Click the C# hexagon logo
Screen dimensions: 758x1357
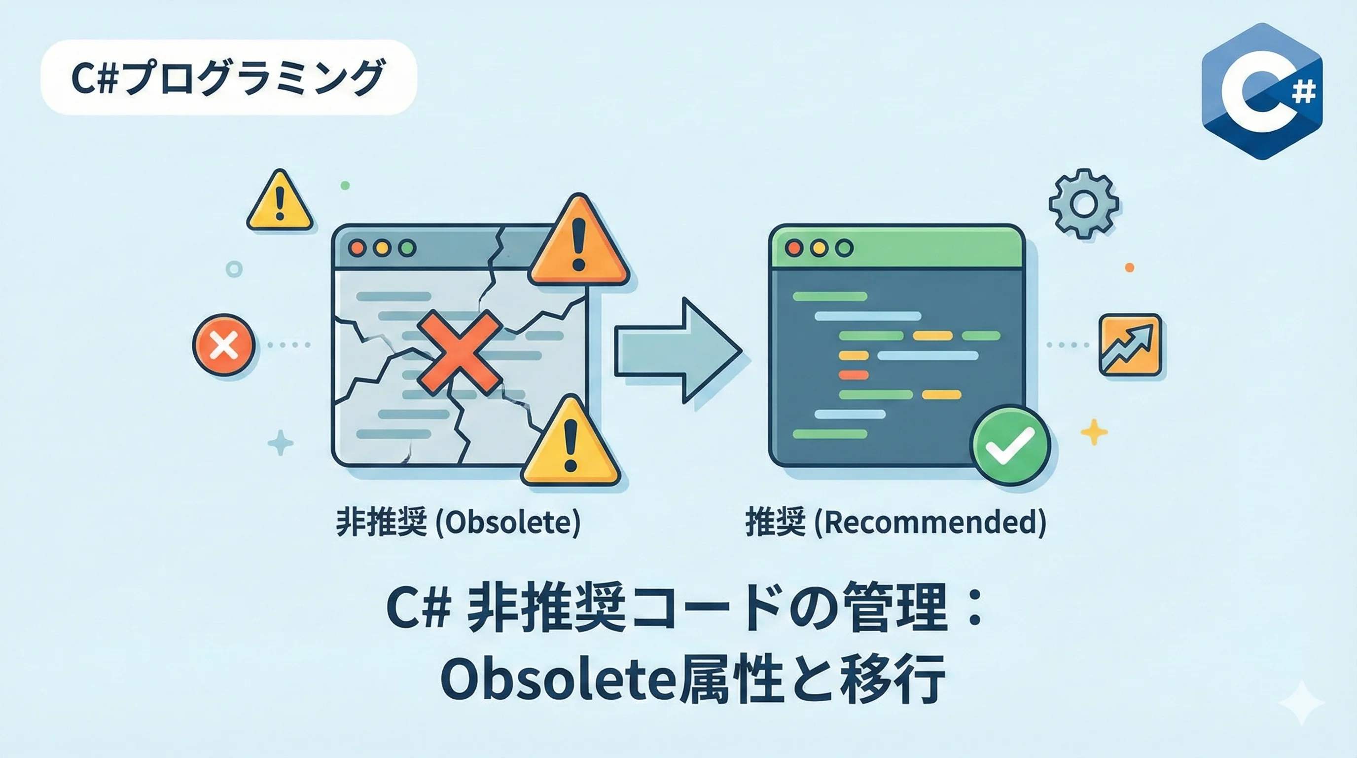[x=1261, y=91]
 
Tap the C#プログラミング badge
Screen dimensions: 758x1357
[x=228, y=77]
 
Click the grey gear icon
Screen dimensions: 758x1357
[x=1084, y=204]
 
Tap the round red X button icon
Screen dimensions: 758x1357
[x=224, y=345]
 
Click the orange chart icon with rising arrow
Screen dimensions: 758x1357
[x=1130, y=345]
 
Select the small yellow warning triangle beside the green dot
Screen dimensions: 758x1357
[x=280, y=202]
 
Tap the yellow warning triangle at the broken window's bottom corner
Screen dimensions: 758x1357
[x=571, y=443]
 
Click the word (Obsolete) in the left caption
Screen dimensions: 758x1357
[x=509, y=523]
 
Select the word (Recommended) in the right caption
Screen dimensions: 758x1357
[x=930, y=523]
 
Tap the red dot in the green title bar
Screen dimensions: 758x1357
[x=794, y=248]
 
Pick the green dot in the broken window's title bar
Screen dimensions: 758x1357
[x=407, y=248]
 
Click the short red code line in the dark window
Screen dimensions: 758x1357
[x=853, y=375]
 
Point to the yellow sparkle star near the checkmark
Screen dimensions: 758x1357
[x=1094, y=432]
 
